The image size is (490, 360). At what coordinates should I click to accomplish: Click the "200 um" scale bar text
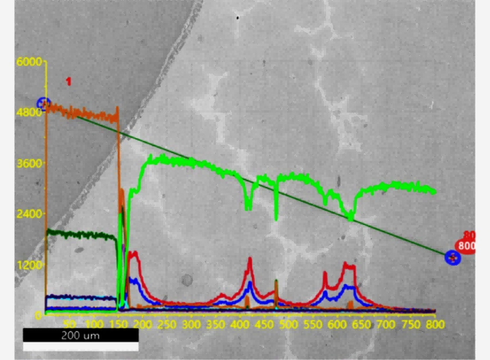(x=80, y=335)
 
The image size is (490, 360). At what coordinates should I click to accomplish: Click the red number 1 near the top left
(x=68, y=81)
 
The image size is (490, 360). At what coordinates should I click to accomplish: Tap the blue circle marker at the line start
(x=44, y=104)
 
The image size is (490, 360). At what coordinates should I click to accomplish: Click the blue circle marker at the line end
(x=453, y=258)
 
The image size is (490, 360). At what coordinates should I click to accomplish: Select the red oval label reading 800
(x=466, y=246)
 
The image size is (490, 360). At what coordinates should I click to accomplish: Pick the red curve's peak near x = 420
(x=250, y=260)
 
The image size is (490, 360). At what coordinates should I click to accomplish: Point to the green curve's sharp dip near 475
(x=276, y=218)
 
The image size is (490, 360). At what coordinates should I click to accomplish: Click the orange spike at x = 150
(x=117, y=109)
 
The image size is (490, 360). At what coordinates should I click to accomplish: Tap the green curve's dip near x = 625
(x=351, y=218)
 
